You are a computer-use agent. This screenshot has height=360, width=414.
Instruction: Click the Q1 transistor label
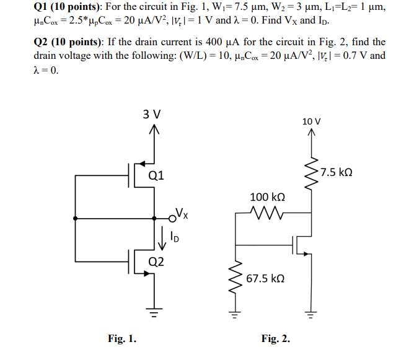(157, 175)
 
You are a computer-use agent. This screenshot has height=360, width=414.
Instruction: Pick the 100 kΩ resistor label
(267, 197)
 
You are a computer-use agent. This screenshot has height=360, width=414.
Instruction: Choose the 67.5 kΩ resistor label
(266, 279)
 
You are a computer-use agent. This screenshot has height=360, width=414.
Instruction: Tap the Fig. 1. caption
(123, 338)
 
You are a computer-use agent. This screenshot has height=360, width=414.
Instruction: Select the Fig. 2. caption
(276, 338)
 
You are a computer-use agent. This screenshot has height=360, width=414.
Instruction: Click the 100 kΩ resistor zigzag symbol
(267, 214)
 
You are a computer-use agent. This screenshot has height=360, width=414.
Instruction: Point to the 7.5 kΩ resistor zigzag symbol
(313, 171)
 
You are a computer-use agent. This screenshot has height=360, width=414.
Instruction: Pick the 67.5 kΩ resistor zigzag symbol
(236, 278)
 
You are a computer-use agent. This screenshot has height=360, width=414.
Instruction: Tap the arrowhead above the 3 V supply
(152, 130)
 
